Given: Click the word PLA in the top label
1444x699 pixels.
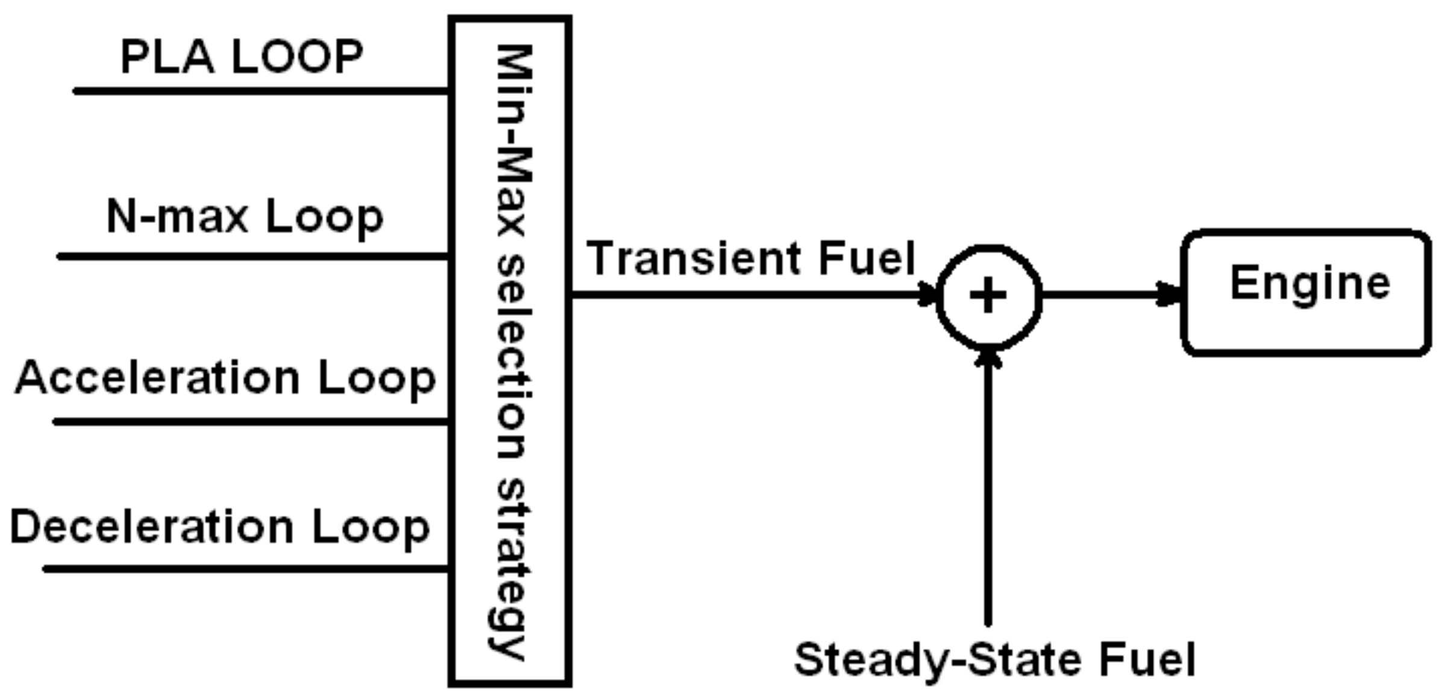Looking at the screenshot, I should tap(167, 57).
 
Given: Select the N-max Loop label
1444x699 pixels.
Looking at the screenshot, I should tap(244, 216).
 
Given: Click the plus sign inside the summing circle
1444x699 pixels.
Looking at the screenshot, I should tap(988, 295).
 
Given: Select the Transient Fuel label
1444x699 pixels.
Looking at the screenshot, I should tap(750, 258).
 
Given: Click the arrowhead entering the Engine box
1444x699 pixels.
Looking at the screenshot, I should tap(1169, 295).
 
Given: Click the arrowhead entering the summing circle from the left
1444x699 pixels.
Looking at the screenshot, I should tap(927, 295).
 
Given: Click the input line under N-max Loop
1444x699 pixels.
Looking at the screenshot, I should tap(253, 257).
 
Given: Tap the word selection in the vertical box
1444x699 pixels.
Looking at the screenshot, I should tap(512, 356).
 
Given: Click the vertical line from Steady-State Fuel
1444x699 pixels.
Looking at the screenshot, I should tap(988, 494).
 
